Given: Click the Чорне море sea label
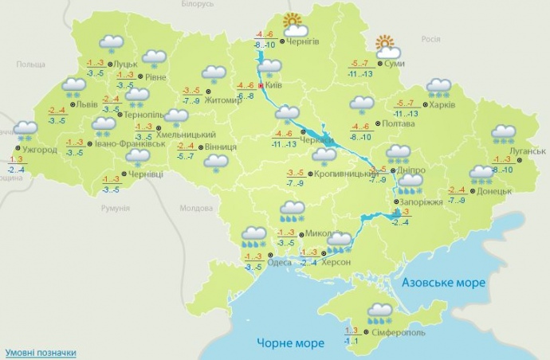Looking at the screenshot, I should pos(291,343).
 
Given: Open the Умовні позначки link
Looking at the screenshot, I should pos(41,352).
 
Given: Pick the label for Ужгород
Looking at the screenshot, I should pos(39,150).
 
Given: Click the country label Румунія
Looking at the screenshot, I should pos(116,209).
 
